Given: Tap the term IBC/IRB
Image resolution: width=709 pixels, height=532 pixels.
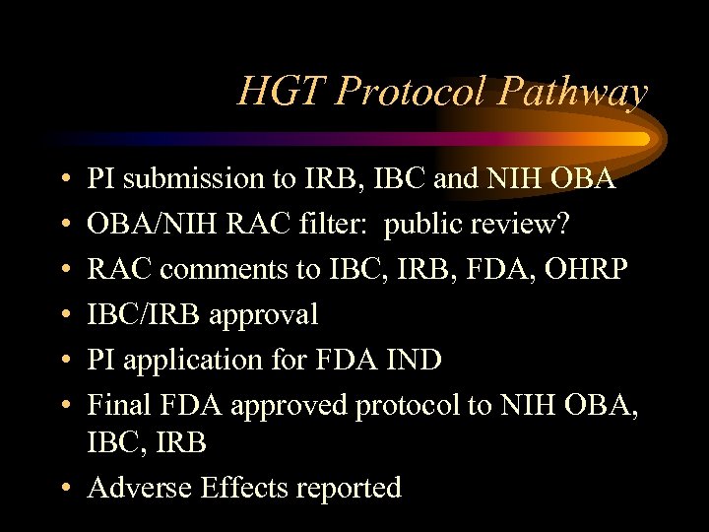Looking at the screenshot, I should point(147,314).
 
